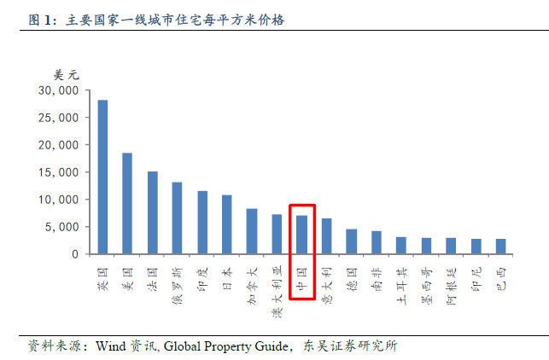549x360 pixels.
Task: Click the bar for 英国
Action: (x=102, y=177)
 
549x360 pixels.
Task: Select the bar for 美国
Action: (x=127, y=204)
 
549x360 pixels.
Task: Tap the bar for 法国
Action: (x=152, y=213)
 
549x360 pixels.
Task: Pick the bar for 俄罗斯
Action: (x=177, y=218)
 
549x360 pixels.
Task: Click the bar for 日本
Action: (x=227, y=225)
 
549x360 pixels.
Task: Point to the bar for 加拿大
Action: (x=252, y=231)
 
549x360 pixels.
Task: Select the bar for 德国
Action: (x=351, y=241)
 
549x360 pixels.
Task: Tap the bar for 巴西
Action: (x=500, y=247)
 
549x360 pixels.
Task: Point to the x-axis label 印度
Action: (x=202, y=277)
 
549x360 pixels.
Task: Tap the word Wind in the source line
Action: (x=111, y=346)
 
